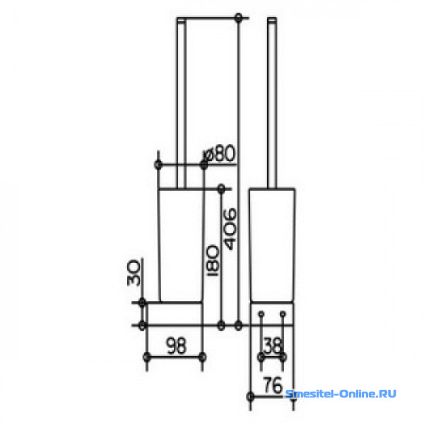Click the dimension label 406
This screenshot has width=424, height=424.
(x=230, y=229)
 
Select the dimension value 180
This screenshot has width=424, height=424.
(x=213, y=260)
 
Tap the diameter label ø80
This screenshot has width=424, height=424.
(x=219, y=153)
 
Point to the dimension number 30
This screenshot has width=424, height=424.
(x=134, y=272)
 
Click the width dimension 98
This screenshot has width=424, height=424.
(x=176, y=346)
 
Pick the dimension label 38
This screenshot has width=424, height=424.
(x=273, y=346)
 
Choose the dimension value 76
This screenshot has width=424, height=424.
(x=273, y=385)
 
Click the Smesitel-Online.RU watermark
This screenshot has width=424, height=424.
(x=341, y=394)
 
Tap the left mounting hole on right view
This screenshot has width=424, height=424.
(x=261, y=314)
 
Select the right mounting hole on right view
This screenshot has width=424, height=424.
(x=283, y=314)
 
